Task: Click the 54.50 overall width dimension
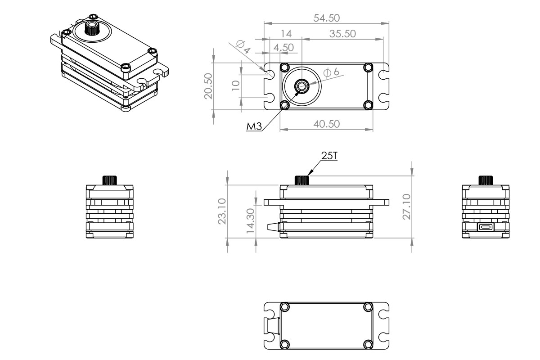327,18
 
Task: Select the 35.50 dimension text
342,34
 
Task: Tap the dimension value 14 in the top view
286,34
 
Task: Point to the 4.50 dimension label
283,47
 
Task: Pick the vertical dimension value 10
235,85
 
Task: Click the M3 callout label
254,127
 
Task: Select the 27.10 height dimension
407,207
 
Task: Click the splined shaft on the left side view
110,180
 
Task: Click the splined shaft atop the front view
302,180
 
